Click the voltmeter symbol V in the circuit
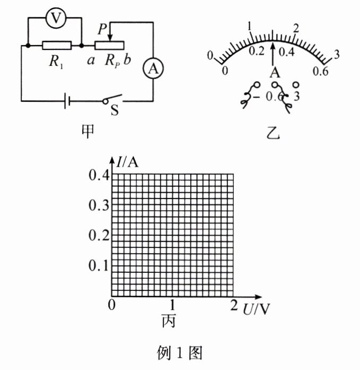(54, 20)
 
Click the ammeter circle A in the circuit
(152, 68)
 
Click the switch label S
(113, 111)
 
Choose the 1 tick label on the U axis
(172, 305)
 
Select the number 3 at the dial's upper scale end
(336, 53)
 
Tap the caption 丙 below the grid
(170, 321)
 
